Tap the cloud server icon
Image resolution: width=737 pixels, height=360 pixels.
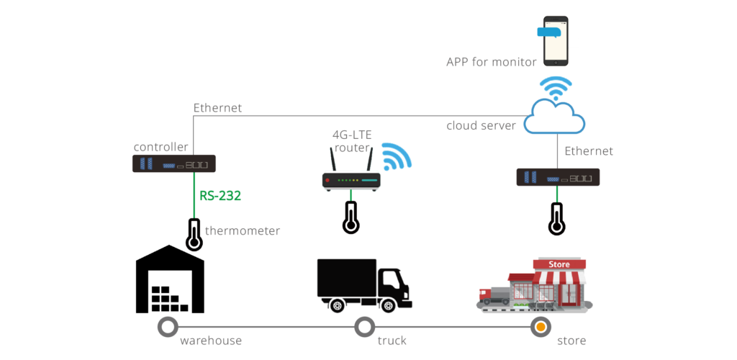pyautogui.click(x=555, y=116)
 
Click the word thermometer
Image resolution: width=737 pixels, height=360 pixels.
pyautogui.click(x=243, y=231)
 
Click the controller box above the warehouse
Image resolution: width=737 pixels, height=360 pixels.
pyautogui.click(x=173, y=164)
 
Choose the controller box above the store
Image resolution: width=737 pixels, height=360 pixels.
pyautogui.click(x=558, y=177)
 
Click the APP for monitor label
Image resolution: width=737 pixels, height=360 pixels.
pyautogui.click(x=491, y=62)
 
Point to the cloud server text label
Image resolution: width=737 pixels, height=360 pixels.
pyautogui.click(x=481, y=125)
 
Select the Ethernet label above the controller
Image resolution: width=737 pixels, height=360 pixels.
pyautogui.click(x=217, y=108)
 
